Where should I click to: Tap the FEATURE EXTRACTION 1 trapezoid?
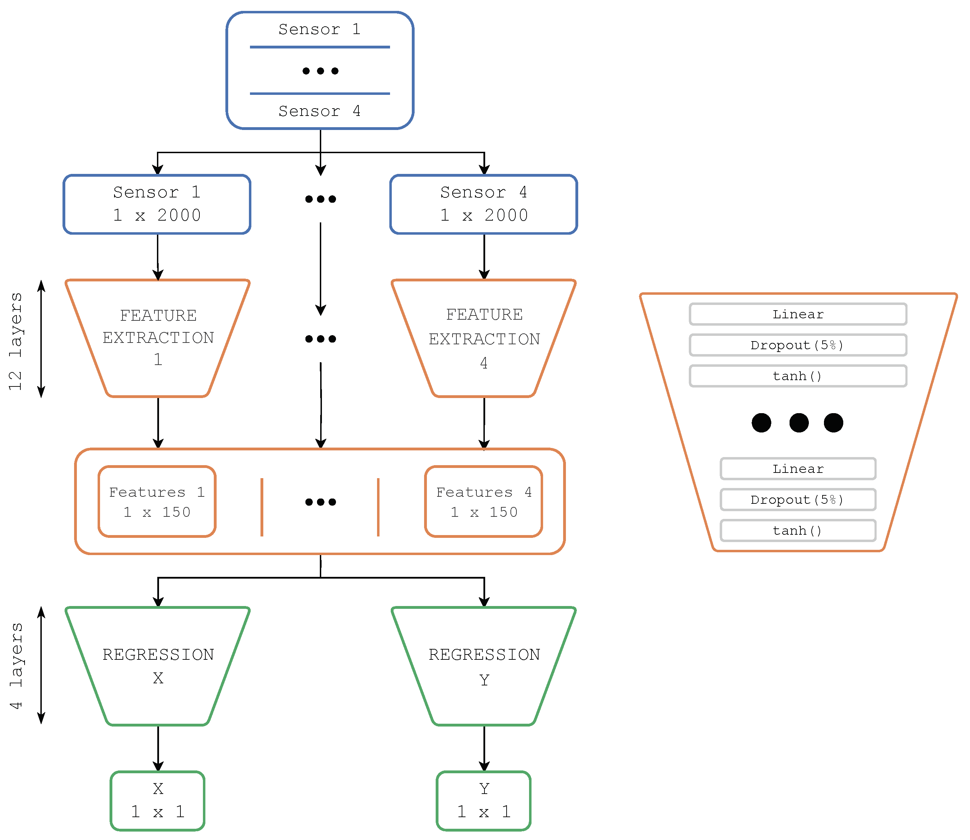click(158, 338)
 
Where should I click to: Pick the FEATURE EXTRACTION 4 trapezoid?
click(484, 338)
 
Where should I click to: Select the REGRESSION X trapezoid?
click(158, 666)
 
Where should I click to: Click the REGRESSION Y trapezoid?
click(484, 666)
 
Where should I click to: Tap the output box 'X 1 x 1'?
click(158, 800)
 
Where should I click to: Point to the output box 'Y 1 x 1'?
click(483, 800)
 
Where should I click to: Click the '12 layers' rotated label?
click(15, 341)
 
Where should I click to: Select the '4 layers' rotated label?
click(15, 666)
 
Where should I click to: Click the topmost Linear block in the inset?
click(798, 314)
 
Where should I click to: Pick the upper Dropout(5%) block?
click(798, 345)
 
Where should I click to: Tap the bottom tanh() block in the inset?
click(798, 530)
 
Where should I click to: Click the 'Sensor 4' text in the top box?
click(319, 111)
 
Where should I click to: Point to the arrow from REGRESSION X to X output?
click(158, 747)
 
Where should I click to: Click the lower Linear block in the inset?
click(798, 469)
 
